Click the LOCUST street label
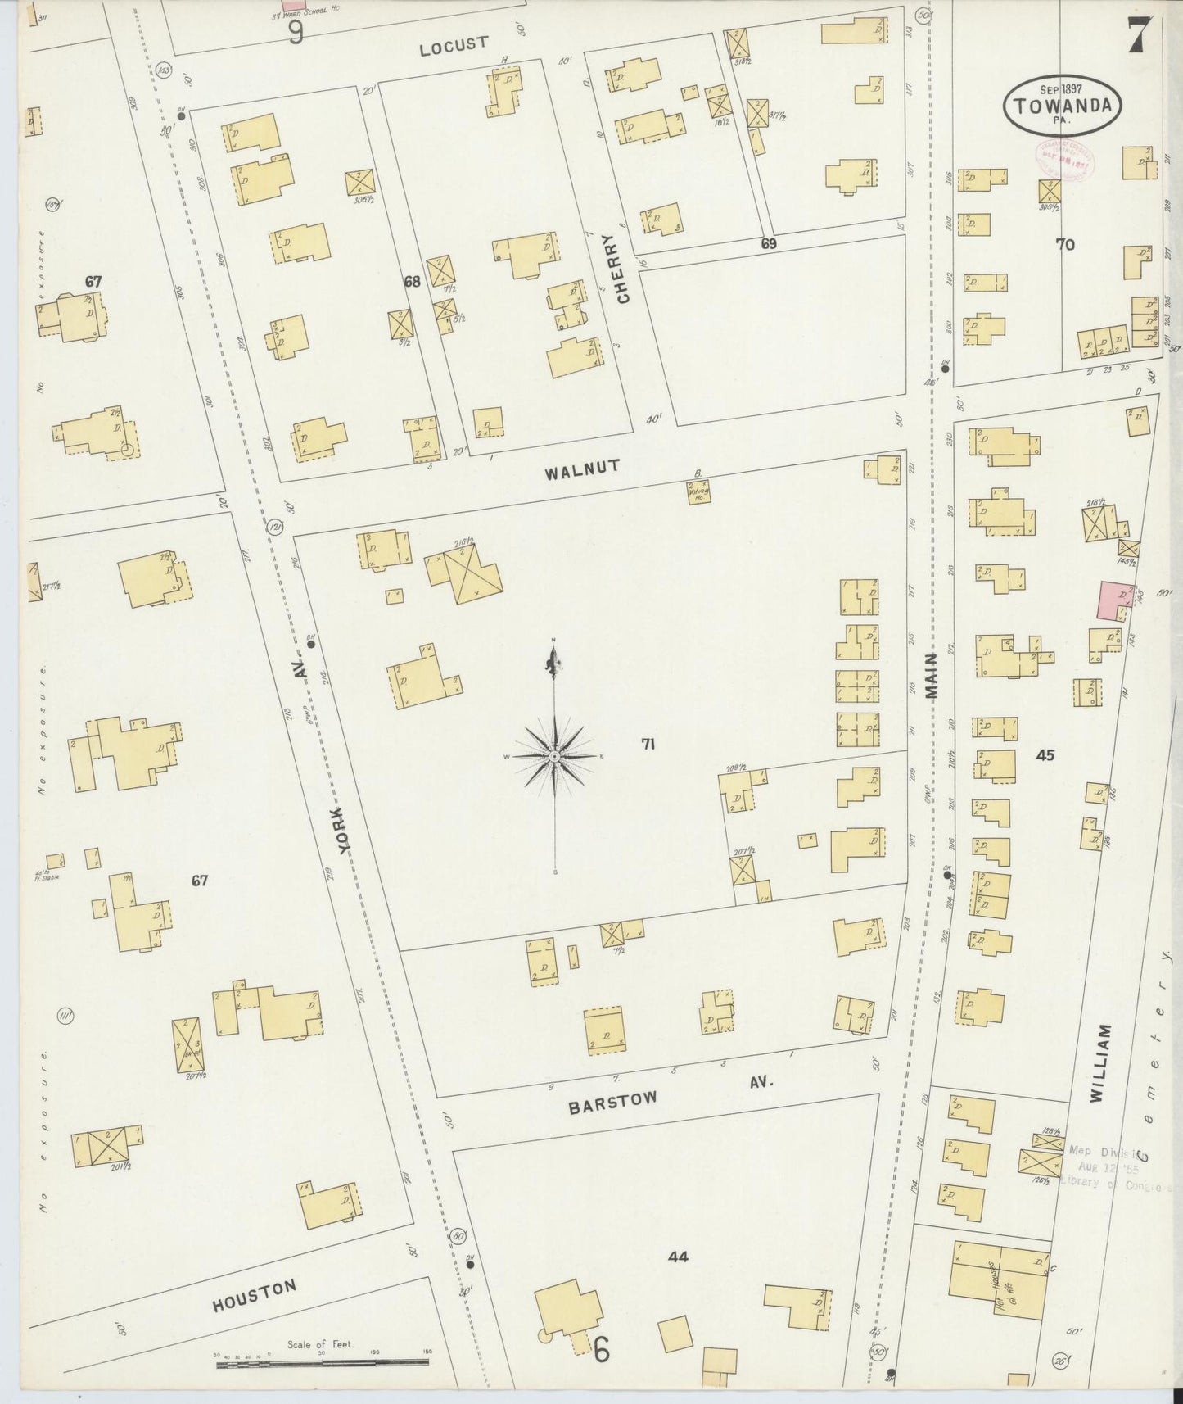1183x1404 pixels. point(453,45)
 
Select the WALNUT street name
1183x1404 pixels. point(583,469)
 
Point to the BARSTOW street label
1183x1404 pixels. point(612,1102)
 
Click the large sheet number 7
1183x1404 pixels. point(1141,34)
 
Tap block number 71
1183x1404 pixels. point(648,744)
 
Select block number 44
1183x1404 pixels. point(677,1257)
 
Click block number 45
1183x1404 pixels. point(1045,755)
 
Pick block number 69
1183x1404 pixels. point(768,243)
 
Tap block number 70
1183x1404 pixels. point(1064,244)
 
